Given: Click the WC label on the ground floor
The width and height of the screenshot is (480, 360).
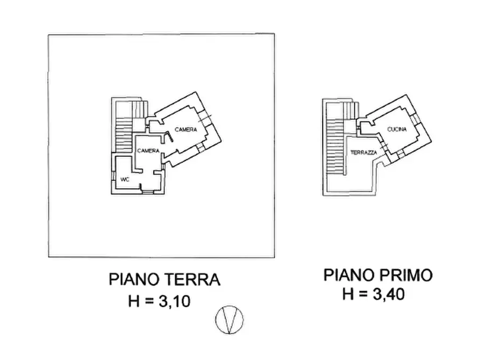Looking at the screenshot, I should point(125,179).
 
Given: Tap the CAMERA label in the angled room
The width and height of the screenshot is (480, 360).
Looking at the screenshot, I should point(186,129).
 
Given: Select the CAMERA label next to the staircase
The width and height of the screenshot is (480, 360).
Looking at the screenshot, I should point(147,151).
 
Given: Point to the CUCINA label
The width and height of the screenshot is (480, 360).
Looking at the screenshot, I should point(397,129).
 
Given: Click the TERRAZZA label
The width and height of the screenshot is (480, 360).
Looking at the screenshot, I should point(363,153).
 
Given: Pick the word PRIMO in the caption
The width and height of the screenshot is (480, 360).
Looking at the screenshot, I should point(408,276).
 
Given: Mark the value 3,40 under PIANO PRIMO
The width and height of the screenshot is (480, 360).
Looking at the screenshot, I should point(386,294).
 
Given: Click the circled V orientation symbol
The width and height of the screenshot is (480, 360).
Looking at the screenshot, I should point(229,320).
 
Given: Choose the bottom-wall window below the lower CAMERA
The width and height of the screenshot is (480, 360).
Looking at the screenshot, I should point(146,191).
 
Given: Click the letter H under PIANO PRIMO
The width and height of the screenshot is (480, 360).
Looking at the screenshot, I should point(348,294).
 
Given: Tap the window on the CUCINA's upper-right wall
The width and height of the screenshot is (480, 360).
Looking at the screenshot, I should point(417,118).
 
